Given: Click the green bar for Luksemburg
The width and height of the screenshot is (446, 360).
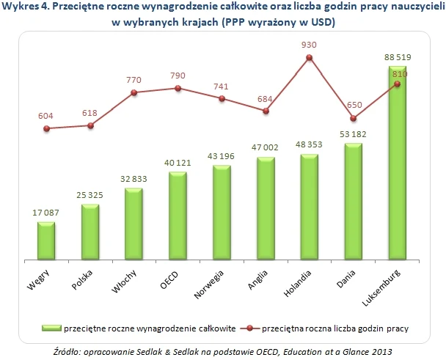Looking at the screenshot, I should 397,165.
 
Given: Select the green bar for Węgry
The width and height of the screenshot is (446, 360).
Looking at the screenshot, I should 46,241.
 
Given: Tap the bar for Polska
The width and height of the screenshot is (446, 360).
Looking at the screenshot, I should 90,232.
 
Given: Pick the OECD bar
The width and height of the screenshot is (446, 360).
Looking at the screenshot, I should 178,216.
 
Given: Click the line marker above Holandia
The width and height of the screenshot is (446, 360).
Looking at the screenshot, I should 310,58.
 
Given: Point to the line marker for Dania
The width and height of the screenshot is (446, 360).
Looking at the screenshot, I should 353,118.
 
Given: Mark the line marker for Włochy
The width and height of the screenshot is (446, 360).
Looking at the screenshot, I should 134,92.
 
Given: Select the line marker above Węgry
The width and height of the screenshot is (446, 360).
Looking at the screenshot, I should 46,128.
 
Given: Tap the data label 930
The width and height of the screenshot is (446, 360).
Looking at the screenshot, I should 310,45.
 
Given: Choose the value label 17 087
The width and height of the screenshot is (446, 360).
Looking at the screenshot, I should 46,213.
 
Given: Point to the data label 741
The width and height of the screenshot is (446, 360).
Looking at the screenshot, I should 222,86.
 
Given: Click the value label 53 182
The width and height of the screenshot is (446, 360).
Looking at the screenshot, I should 353,133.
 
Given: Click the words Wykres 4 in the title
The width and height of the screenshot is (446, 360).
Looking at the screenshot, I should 25,7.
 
